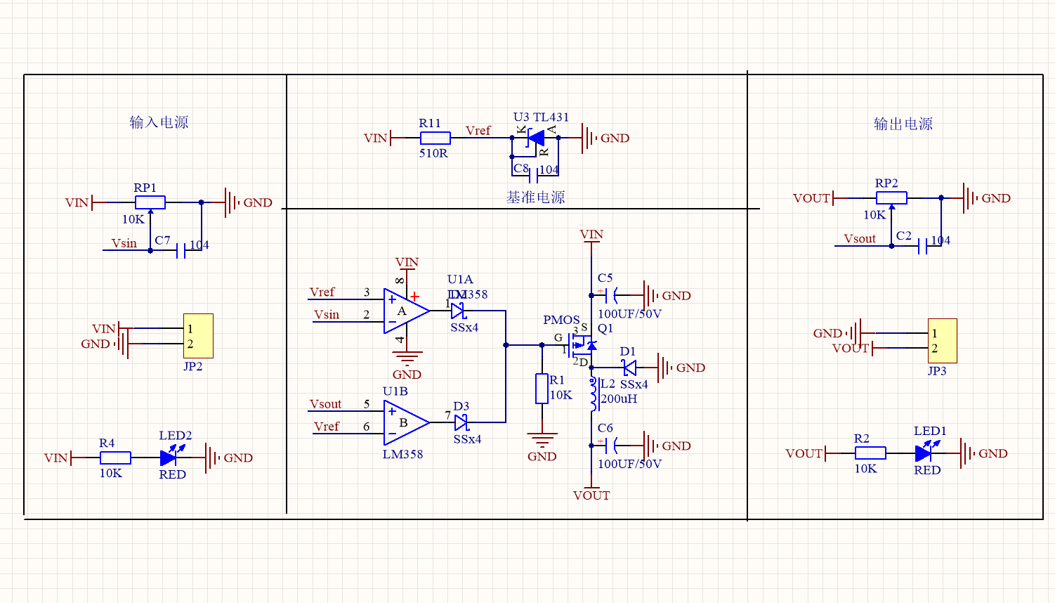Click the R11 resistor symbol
pos(435,138)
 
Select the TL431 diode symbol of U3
pos(536,138)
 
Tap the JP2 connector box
pos(198,336)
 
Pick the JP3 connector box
pos(942,341)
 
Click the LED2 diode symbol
pos(169,458)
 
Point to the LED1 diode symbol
pos(924,454)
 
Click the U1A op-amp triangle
pos(405,311)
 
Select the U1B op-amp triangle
pos(405,422)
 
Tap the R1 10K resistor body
pos(542,389)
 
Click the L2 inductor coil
pos(594,394)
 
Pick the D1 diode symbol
pos(629,368)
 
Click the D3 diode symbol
pos(461,422)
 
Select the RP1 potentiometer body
pos(150,202)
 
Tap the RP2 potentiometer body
pos(891,198)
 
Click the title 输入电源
pos(159,122)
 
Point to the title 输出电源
pos(903,124)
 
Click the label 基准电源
pos(535,197)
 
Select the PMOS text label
pos(561,320)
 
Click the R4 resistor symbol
pos(115,458)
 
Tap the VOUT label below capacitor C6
pos(591,495)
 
